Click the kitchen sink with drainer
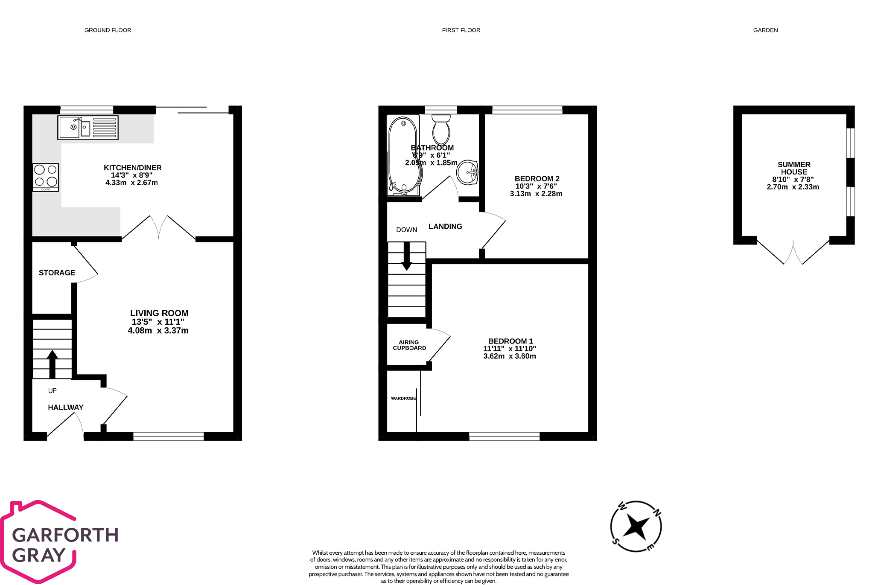point(88,128)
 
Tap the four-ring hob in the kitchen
point(46,177)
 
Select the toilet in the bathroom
point(441,130)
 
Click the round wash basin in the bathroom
point(467,173)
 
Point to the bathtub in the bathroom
point(403,156)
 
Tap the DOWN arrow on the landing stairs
point(407,256)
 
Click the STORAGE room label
point(57,273)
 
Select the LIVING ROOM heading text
point(159,313)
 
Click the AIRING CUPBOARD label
point(409,345)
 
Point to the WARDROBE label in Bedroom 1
point(403,398)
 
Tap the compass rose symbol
point(636,527)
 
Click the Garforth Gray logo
point(60,542)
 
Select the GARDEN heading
point(765,30)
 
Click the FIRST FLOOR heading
point(461,30)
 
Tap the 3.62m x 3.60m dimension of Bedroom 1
point(510,356)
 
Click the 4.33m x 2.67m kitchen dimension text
point(131,183)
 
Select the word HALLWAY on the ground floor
point(66,407)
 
